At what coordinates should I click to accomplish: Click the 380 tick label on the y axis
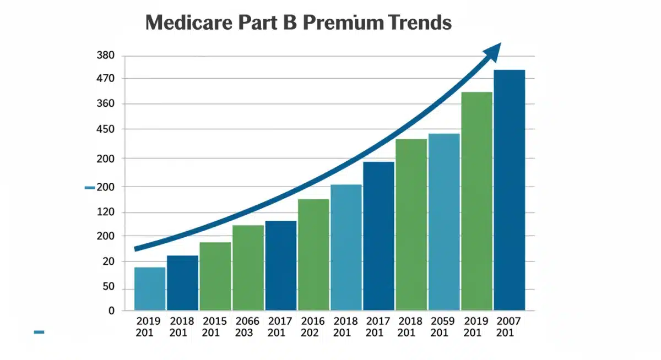(x=105, y=56)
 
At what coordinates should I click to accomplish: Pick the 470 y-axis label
(x=105, y=79)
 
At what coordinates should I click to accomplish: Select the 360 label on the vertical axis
(x=105, y=104)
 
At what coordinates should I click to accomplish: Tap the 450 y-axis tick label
(x=105, y=129)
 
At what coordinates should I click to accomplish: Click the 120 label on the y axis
(x=105, y=212)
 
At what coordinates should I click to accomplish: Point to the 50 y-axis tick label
(x=108, y=287)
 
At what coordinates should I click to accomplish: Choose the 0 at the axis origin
(x=111, y=311)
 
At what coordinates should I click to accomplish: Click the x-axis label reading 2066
(x=247, y=321)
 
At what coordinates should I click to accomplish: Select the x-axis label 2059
(x=443, y=321)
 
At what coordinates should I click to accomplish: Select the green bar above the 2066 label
(x=248, y=268)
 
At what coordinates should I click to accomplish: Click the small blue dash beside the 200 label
(x=90, y=188)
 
